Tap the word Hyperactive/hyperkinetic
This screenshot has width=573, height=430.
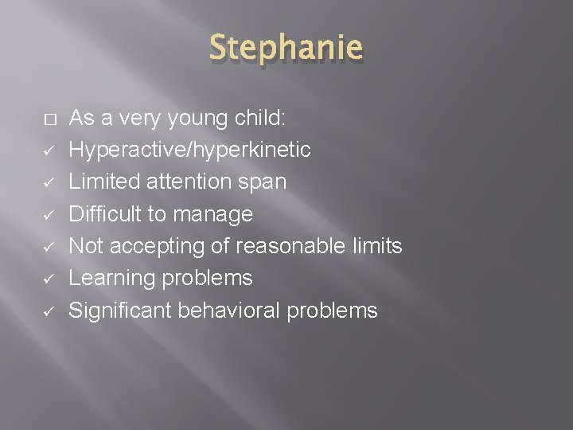189,150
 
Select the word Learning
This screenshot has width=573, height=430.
115,279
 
